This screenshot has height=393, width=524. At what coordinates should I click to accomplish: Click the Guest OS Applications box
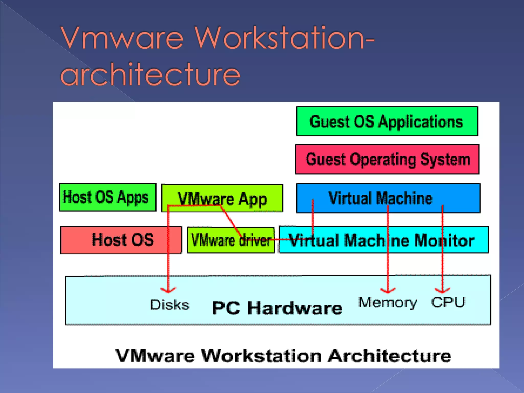coord(387,121)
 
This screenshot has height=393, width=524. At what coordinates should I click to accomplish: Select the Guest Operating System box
coord(387,159)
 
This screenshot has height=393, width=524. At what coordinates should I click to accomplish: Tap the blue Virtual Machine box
coord(388,198)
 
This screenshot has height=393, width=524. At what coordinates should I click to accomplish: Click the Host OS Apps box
coord(107,197)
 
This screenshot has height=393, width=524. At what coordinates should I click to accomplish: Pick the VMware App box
coord(222,198)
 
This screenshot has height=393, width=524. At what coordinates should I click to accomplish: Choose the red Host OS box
coord(121,240)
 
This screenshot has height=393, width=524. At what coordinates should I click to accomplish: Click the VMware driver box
coord(231,240)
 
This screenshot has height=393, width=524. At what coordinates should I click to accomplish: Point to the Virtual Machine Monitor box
coord(383,240)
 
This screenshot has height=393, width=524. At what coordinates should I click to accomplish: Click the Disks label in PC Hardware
coord(170,305)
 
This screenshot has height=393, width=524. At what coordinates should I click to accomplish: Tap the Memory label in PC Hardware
coord(388,303)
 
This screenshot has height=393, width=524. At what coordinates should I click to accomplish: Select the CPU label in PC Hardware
coord(448,302)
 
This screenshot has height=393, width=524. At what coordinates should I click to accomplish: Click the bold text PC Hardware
coord(277,308)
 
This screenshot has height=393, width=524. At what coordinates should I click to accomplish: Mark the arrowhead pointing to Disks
coord(168,290)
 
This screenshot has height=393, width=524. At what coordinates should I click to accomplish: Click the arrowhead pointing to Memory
coord(388,291)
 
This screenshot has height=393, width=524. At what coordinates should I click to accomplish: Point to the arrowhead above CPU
coord(443,291)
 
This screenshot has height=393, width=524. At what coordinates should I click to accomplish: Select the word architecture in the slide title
coord(150,74)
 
